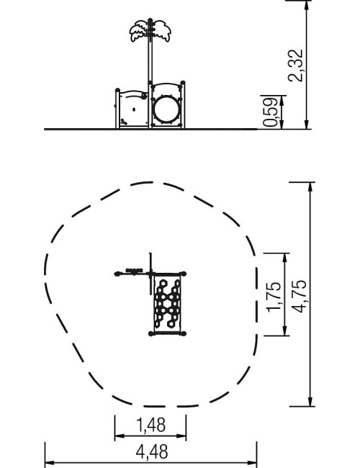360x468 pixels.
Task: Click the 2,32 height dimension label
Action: pos(295,66)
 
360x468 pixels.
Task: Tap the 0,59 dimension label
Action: pos(271,112)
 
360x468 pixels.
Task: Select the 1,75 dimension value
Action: pos(274,297)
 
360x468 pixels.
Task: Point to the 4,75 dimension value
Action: pos(299,296)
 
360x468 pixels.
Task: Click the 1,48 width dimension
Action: pos(150,425)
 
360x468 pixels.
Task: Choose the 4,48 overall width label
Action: pos(152,452)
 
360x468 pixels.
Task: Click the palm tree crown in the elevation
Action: pos(150,30)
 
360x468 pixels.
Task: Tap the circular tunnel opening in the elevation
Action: pos(166,109)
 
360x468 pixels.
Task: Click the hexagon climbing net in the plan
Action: pos(167,303)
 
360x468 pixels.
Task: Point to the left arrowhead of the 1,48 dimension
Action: pos(118,436)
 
